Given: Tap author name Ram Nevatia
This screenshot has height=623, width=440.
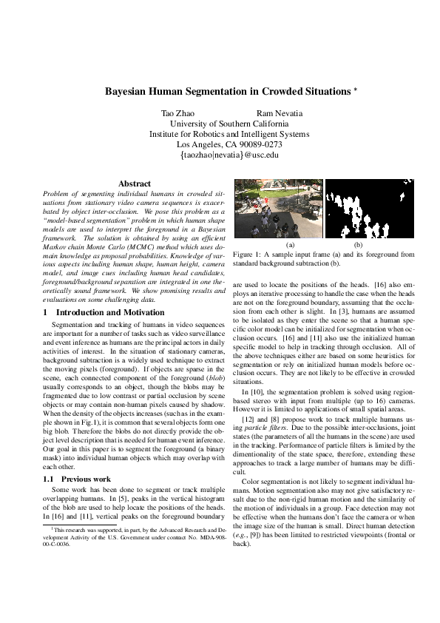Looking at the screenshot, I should (x=284, y=113).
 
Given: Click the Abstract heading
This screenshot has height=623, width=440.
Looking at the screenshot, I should (x=135, y=183).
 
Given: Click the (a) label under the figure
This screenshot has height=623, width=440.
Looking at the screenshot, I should (x=290, y=244).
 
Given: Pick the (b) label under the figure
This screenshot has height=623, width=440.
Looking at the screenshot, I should (x=358, y=244).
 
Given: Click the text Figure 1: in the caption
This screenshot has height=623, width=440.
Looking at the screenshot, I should (x=246, y=254).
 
